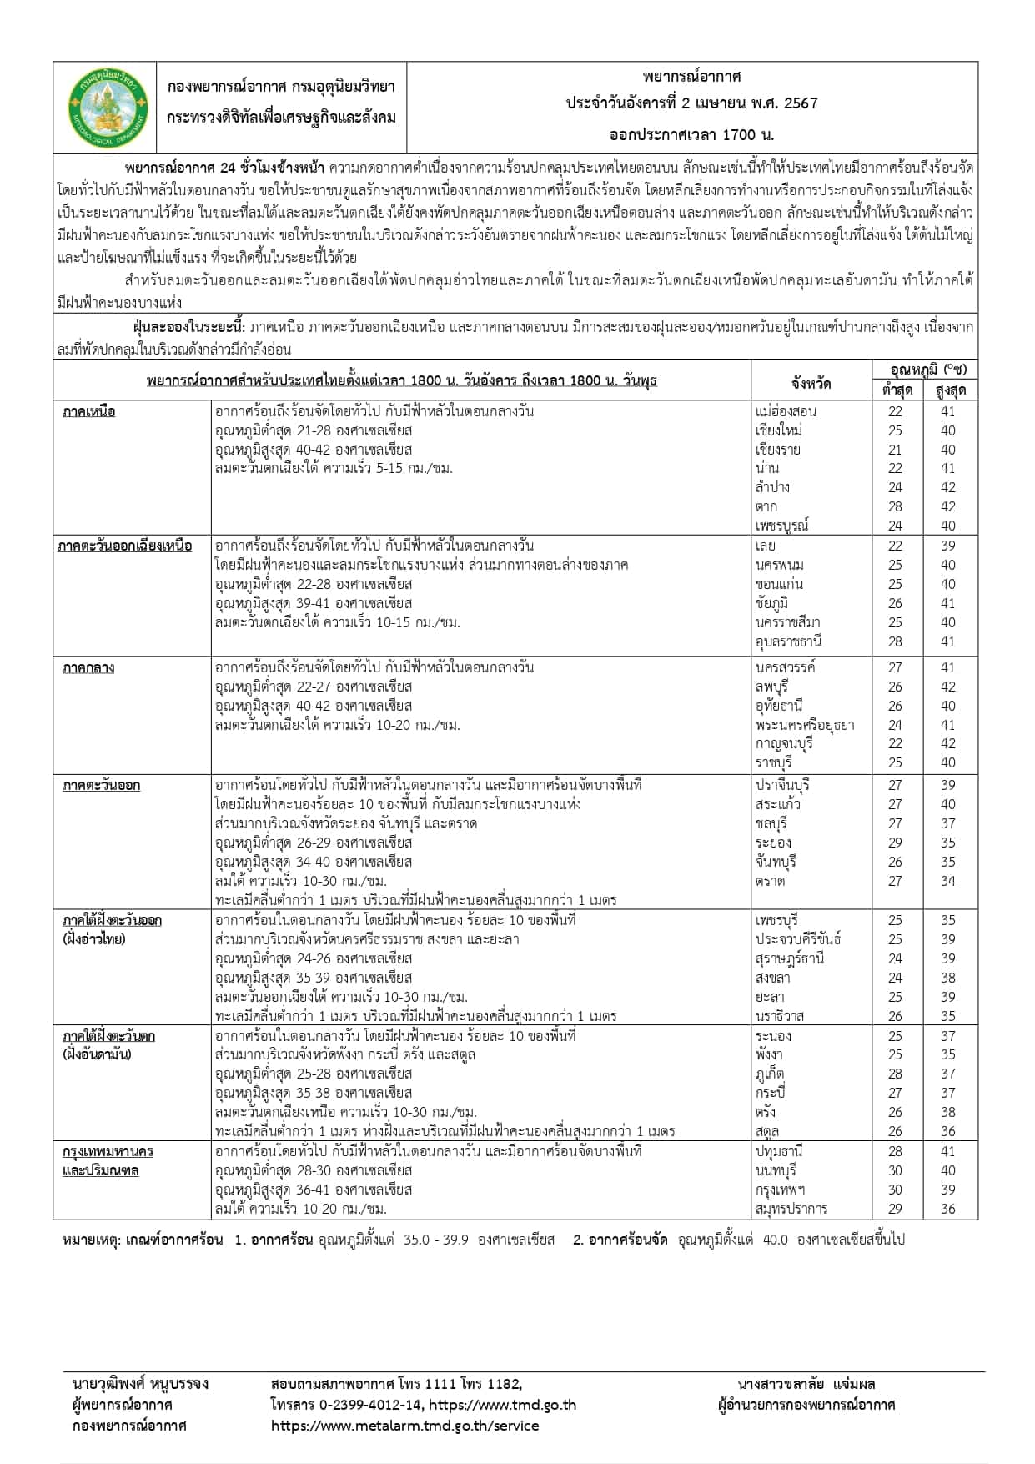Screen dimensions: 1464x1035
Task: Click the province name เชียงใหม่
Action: (x=779, y=430)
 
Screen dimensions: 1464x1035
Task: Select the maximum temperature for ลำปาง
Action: (x=947, y=487)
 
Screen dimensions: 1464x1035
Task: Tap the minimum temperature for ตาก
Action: (x=895, y=506)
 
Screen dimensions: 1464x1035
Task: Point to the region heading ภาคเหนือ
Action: (x=88, y=411)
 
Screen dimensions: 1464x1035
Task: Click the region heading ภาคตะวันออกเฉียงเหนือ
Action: (x=125, y=546)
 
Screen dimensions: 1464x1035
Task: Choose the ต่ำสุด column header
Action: (x=897, y=390)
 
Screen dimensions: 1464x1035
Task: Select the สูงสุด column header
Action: (x=950, y=390)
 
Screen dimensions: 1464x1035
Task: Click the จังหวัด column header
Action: (x=811, y=383)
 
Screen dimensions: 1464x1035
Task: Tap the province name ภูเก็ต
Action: (x=770, y=1074)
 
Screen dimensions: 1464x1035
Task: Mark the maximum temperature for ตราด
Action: (x=947, y=881)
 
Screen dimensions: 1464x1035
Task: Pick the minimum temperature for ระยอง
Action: (x=895, y=843)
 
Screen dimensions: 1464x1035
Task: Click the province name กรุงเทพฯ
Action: (x=781, y=1190)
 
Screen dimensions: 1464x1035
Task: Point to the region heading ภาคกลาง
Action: (x=88, y=667)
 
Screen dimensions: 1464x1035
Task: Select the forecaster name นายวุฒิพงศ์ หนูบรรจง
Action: (x=140, y=1384)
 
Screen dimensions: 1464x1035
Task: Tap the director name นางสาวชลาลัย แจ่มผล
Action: (x=806, y=1384)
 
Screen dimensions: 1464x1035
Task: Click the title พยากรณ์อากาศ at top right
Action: (x=692, y=77)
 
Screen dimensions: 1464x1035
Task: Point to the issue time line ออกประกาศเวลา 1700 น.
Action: (x=692, y=134)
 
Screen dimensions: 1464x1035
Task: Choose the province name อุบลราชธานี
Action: (x=788, y=641)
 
